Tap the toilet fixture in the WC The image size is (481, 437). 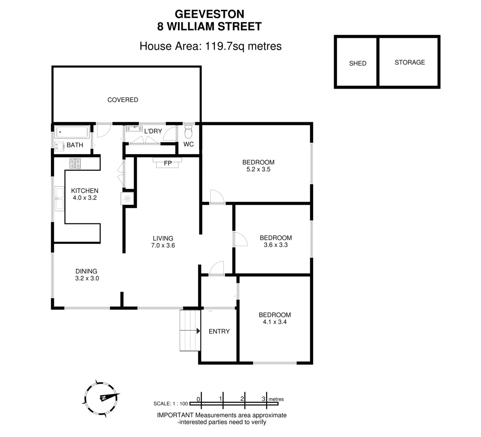pyautogui.click(x=189, y=132)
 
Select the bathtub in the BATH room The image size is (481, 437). pyautogui.click(x=72, y=132)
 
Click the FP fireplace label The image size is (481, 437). pyautogui.click(x=167, y=163)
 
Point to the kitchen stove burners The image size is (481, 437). pyautogui.click(x=75, y=163)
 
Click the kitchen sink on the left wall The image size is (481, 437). pyautogui.click(x=59, y=198)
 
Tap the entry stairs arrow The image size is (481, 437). pyautogui.click(x=197, y=331)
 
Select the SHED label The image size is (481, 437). pyautogui.click(x=358, y=64)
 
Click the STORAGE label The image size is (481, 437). pyautogui.click(x=409, y=62)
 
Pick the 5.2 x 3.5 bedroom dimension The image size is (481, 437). pyautogui.click(x=258, y=170)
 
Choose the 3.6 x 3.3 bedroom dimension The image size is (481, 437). pyautogui.click(x=275, y=245)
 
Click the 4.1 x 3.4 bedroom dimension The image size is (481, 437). pyautogui.click(x=275, y=322)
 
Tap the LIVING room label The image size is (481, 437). pyautogui.click(x=163, y=238)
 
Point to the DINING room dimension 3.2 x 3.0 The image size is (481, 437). pyautogui.click(x=87, y=278)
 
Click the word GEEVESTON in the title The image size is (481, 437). pyautogui.click(x=209, y=14)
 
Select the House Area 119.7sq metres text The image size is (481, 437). pyautogui.click(x=210, y=46)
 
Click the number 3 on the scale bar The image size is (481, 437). pyautogui.click(x=263, y=399)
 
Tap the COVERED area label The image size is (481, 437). pyautogui.click(x=123, y=100)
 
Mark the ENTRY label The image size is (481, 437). pyautogui.click(x=219, y=331)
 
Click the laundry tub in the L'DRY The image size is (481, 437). pyautogui.click(x=132, y=129)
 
